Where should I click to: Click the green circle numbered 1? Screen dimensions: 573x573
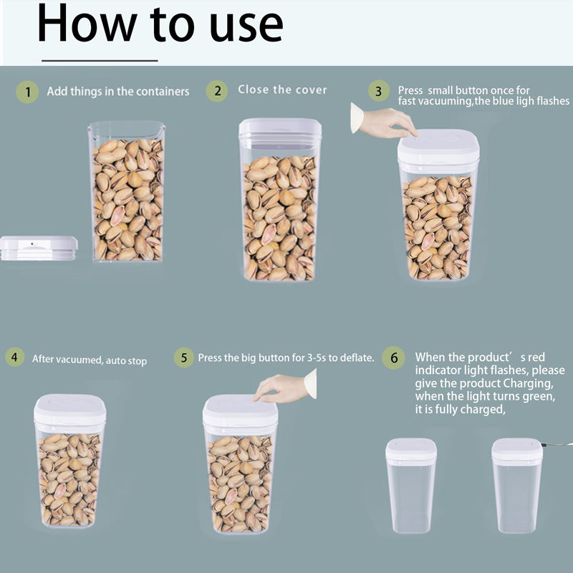coord(27,92)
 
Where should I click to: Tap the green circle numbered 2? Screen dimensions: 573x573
coord(217,91)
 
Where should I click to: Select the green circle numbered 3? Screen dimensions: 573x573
coord(379,91)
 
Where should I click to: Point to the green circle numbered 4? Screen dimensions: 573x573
coord(14,357)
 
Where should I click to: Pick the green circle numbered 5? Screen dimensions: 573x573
coord(184,357)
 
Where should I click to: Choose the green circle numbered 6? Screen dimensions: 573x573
coord(393,357)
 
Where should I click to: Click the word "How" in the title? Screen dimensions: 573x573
coord(87,24)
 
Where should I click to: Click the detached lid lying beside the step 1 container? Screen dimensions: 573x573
coord(39,248)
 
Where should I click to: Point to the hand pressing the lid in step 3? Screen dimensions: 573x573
coord(384,121)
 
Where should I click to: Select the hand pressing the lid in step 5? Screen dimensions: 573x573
coord(285,387)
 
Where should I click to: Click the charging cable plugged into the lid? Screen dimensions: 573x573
coord(558,444)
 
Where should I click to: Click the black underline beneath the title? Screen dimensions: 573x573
coord(100,61)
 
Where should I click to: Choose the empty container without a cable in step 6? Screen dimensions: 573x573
coord(410,486)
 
